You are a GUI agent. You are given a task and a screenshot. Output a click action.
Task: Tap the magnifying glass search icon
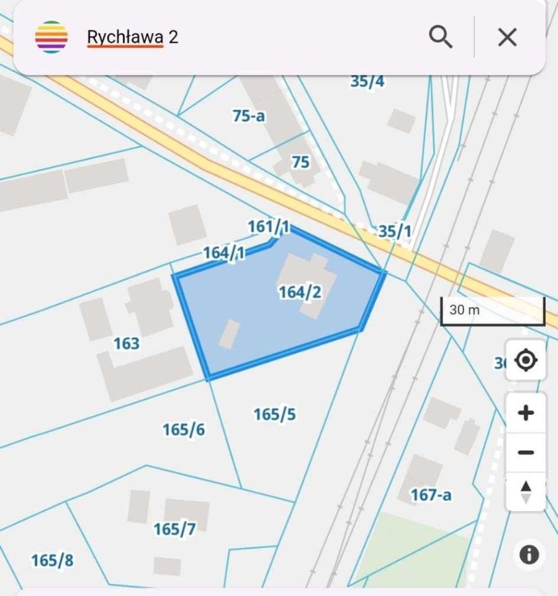pos(440,37)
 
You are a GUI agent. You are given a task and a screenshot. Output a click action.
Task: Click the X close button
pos(507,37)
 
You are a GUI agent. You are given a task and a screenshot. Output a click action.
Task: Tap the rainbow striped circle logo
pos(52,37)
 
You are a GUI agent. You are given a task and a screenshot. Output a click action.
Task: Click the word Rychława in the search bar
pos(125,37)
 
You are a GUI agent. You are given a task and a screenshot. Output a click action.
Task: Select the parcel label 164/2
pos(300,292)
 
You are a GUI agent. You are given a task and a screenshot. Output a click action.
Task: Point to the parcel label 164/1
pos(224,253)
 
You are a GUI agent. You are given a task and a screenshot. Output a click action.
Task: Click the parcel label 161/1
pos(269,227)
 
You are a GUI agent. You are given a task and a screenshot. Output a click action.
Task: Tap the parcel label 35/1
pos(395,232)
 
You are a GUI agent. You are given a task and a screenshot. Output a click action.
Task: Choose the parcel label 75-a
pos(249,115)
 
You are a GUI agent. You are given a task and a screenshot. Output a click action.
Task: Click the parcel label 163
pos(127,343)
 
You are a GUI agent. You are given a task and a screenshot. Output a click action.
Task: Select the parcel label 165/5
pos(274,414)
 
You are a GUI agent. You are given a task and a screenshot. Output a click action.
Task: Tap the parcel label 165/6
pos(184,430)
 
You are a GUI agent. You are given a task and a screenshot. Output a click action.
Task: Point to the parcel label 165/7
pos(174,529)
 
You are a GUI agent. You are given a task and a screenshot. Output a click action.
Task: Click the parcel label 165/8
pos(52,561)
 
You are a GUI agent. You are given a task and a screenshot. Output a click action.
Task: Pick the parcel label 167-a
pos(431,495)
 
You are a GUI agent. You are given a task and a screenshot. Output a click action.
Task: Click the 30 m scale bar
pos(492,311)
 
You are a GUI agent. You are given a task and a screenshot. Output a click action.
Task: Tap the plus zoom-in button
pos(526,413)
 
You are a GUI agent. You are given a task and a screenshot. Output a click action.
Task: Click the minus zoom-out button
pos(526,453)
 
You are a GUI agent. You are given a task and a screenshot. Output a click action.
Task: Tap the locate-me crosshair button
pos(526,360)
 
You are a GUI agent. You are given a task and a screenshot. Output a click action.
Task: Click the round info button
pos(529,554)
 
